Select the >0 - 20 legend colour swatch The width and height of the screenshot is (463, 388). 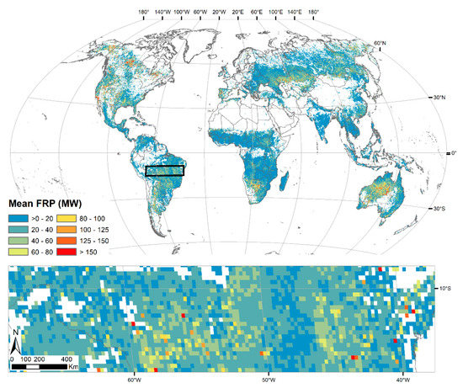[16, 216]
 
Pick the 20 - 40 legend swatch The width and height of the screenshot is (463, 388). [16, 227]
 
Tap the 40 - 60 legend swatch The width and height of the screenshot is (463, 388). [16, 238]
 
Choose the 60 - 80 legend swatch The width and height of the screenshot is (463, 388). [16, 250]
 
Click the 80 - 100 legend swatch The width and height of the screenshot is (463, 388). [72, 216]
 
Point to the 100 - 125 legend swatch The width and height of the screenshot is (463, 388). [72, 227]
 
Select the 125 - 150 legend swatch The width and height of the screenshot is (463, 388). [72, 238]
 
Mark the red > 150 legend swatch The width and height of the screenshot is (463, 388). [72, 250]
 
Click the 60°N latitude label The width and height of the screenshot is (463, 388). [380, 43]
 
